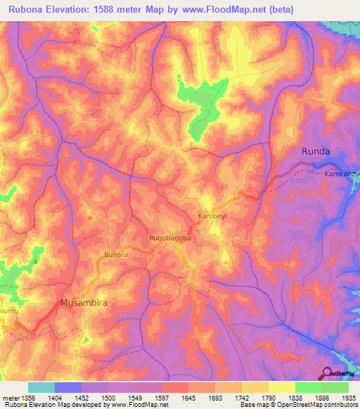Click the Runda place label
315,151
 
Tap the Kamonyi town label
213,216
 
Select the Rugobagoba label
171,239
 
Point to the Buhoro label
116,254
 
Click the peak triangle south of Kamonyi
226,261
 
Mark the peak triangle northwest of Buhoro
90,216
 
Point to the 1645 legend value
188,398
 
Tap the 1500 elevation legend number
108,398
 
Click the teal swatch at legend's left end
41,387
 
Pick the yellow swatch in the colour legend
281,387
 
